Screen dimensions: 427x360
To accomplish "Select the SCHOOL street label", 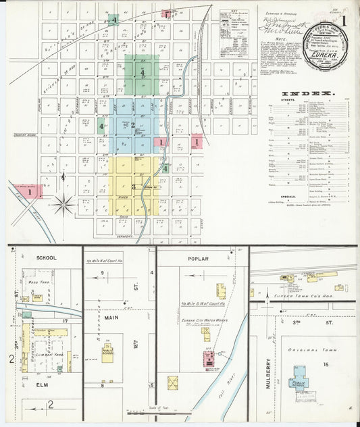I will point(47,257).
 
